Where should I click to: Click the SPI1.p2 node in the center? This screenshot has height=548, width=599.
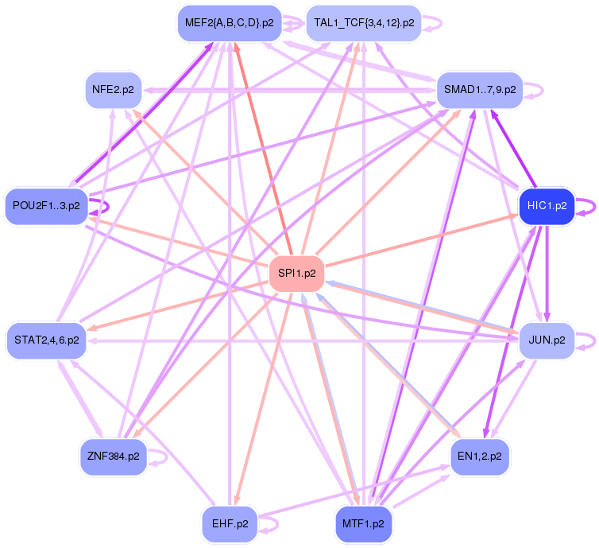297,274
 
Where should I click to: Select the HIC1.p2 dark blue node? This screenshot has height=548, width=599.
547,205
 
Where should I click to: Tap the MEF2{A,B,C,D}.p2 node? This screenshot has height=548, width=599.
229,23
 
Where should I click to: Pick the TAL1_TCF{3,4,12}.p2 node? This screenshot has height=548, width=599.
364,23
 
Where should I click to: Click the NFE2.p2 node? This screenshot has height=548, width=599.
113,90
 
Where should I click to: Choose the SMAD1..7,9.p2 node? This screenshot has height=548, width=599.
480,90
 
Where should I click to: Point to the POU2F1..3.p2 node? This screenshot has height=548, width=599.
46,206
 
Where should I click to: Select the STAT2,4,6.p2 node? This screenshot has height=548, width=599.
46,340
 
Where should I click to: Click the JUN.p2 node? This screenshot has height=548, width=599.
547,340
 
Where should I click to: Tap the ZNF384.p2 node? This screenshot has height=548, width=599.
114,457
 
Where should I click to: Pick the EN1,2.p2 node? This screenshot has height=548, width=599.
480,457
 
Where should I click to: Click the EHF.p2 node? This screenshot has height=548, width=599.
230,524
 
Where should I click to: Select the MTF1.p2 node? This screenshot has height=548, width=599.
364,524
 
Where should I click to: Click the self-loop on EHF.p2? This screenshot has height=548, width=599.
277,524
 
